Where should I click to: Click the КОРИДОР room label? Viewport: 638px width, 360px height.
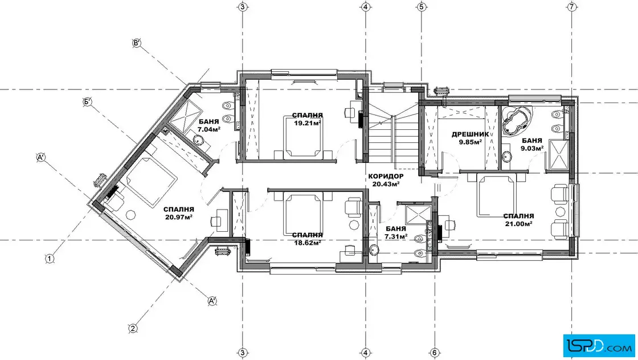(386, 176)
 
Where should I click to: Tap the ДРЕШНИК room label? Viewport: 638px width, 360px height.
(470, 134)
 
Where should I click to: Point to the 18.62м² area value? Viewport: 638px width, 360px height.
(308, 243)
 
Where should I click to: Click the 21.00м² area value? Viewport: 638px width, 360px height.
(518, 223)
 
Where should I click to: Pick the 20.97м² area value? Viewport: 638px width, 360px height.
(179, 217)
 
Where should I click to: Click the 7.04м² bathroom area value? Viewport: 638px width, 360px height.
(208, 129)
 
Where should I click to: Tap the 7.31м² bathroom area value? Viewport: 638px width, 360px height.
(396, 236)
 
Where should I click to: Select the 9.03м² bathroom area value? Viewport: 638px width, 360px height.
(532, 148)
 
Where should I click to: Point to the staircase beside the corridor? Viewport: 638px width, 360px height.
(394, 132)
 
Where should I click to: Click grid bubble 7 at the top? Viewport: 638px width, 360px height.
(572, 7)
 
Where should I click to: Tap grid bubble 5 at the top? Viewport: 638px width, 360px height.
(421, 7)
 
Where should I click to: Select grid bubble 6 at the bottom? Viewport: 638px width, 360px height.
(434, 353)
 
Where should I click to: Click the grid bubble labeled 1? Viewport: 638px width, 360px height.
(49, 258)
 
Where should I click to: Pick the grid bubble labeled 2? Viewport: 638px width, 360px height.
(133, 328)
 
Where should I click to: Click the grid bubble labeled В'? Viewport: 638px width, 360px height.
(137, 43)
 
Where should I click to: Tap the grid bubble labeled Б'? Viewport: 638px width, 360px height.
(88, 102)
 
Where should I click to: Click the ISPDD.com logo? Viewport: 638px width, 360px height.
(599, 345)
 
